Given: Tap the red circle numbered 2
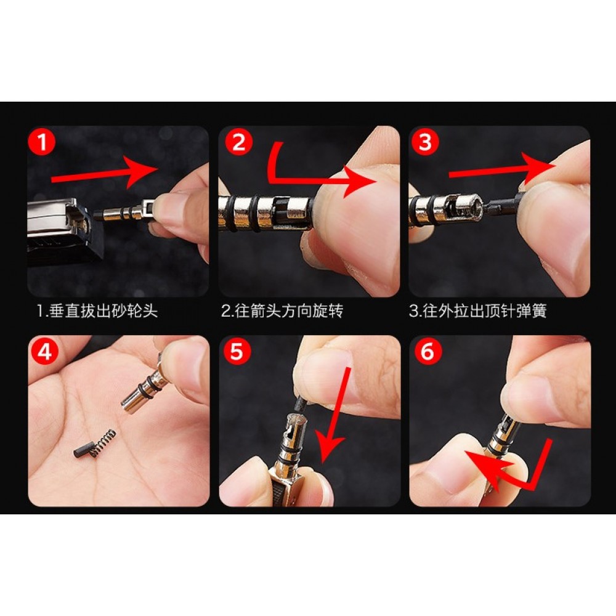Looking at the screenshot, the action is click(238, 142).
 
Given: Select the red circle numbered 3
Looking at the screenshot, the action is click(425, 142).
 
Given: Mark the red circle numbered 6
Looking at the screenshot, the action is click(428, 351).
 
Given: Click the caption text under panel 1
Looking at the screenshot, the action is click(97, 311).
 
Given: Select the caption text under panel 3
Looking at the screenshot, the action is click(478, 311).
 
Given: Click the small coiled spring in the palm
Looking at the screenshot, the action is click(103, 443).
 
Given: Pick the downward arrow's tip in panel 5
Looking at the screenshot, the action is click(324, 463).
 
